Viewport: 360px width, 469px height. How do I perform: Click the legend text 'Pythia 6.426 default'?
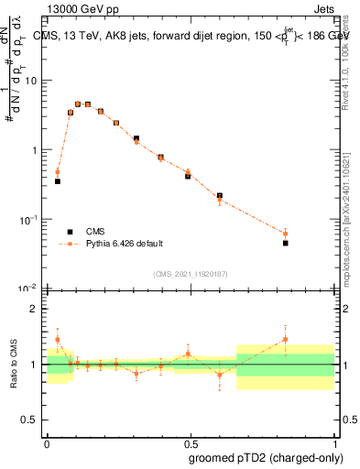(124, 244)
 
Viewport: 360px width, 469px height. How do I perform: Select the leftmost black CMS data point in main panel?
(57, 181)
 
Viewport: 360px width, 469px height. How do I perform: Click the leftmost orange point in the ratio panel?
(57, 339)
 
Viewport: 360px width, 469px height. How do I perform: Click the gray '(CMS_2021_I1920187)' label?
(189, 274)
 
